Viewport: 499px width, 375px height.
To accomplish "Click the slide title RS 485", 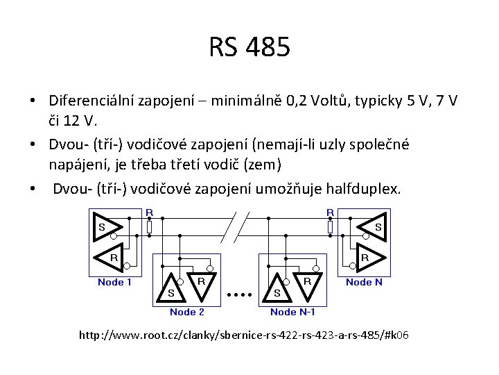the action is tap(249, 48).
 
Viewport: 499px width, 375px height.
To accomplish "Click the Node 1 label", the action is tap(115, 282).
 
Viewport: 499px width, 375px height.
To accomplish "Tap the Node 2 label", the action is tap(186, 312).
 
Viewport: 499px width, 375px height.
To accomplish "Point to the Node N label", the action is tap(364, 282).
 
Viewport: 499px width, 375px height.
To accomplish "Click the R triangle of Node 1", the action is tap(112, 256).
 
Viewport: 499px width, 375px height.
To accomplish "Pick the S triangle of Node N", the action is tap(373, 226).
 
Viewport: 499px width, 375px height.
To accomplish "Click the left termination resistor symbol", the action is tap(149, 226).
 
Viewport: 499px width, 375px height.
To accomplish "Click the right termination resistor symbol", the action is tap(330, 226).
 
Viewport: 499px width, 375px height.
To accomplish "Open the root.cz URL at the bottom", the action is tap(244, 335).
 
